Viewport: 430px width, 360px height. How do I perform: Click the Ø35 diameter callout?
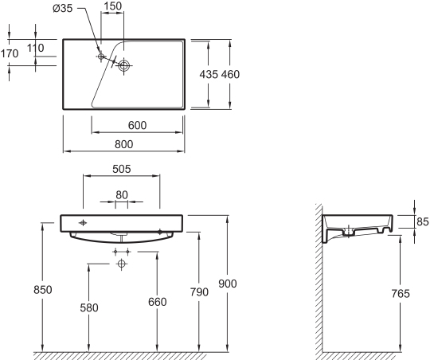pyautogui.click(x=63, y=9)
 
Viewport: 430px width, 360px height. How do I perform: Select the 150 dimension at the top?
pyautogui.click(x=113, y=6)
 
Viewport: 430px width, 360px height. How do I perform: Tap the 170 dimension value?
pyautogui.click(x=10, y=53)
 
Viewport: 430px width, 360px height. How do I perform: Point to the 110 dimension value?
pyautogui.click(x=35, y=48)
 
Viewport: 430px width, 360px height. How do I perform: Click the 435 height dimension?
pyautogui.click(x=209, y=74)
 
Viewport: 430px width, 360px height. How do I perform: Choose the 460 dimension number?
pyautogui.click(x=230, y=74)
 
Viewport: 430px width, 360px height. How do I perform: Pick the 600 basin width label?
pyautogui.click(x=138, y=125)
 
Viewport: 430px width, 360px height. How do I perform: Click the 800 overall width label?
pyautogui.click(x=124, y=144)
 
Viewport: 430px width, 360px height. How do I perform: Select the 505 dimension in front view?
pyautogui.click(x=122, y=169)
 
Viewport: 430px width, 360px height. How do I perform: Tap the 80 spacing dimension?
pyautogui.click(x=122, y=195)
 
